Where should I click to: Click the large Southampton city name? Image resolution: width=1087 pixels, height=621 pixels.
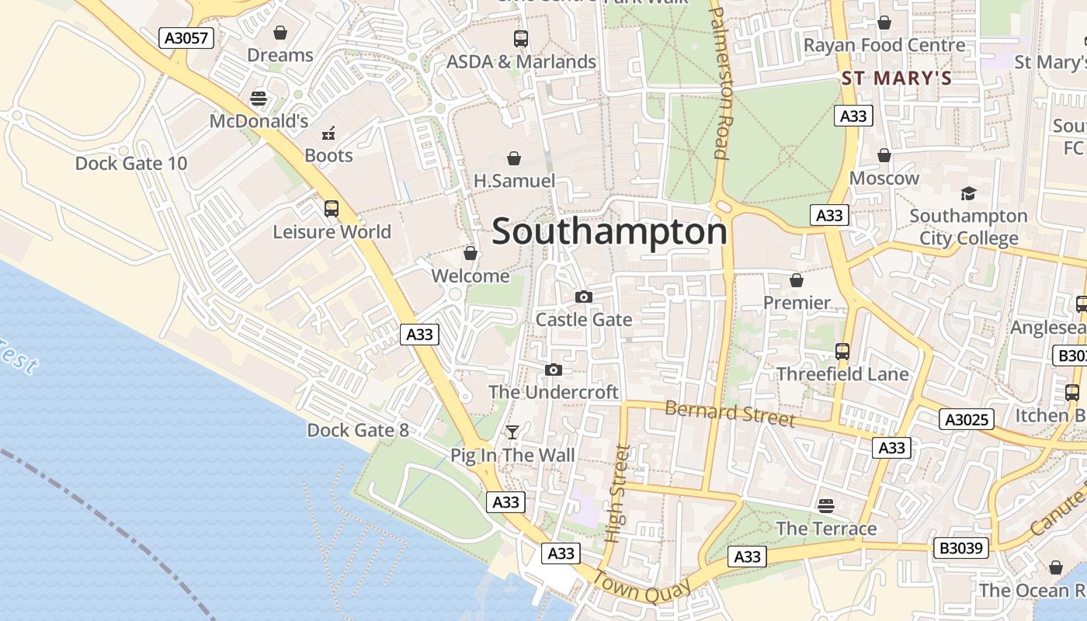[x=609, y=231]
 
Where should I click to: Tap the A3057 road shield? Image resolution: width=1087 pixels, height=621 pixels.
[x=187, y=37]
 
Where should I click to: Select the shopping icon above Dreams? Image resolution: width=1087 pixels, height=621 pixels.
[x=280, y=33]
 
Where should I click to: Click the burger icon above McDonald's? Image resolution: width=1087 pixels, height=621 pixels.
[x=259, y=99]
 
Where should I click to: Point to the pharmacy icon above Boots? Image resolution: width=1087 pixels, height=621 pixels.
[x=328, y=133]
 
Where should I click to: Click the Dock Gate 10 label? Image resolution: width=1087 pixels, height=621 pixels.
[x=131, y=163]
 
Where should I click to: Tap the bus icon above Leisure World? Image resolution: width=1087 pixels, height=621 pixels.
[x=332, y=208]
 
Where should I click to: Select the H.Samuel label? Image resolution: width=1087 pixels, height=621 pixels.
[x=514, y=181]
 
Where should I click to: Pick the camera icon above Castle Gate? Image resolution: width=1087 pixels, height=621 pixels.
[x=584, y=297]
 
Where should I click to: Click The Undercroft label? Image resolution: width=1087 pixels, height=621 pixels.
[x=554, y=392]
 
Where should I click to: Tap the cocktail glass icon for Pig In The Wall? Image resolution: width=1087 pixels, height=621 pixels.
[x=512, y=432]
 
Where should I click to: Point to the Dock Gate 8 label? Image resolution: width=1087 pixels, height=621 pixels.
[x=358, y=430]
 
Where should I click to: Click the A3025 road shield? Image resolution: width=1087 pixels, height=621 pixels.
[x=967, y=420]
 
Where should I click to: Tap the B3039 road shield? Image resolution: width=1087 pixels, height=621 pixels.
[x=961, y=548]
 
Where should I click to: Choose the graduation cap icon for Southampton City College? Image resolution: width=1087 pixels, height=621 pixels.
[x=968, y=193]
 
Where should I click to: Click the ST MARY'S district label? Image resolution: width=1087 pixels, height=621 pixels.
[x=897, y=78]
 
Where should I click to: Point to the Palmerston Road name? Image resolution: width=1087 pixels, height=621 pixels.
[x=720, y=83]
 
